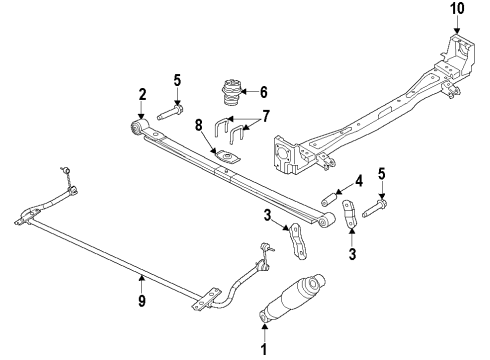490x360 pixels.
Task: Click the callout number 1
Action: click(x=264, y=349)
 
